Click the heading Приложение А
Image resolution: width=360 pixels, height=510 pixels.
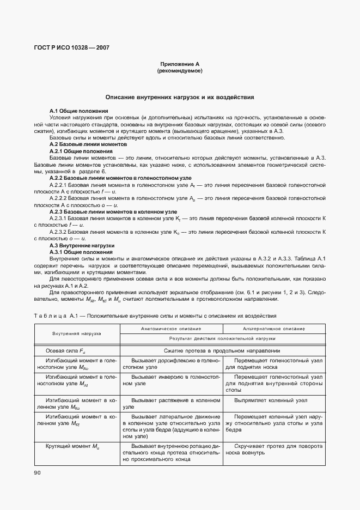(x=180, y=64)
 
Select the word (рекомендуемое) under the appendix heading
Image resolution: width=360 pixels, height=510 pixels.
(x=180, y=71)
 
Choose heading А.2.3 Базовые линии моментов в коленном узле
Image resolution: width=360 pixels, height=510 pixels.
(x=113, y=211)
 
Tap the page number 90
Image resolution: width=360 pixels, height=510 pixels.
(x=38, y=472)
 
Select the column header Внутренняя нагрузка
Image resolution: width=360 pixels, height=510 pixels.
(x=77, y=333)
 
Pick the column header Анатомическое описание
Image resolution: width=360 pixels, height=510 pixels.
(x=170, y=329)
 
